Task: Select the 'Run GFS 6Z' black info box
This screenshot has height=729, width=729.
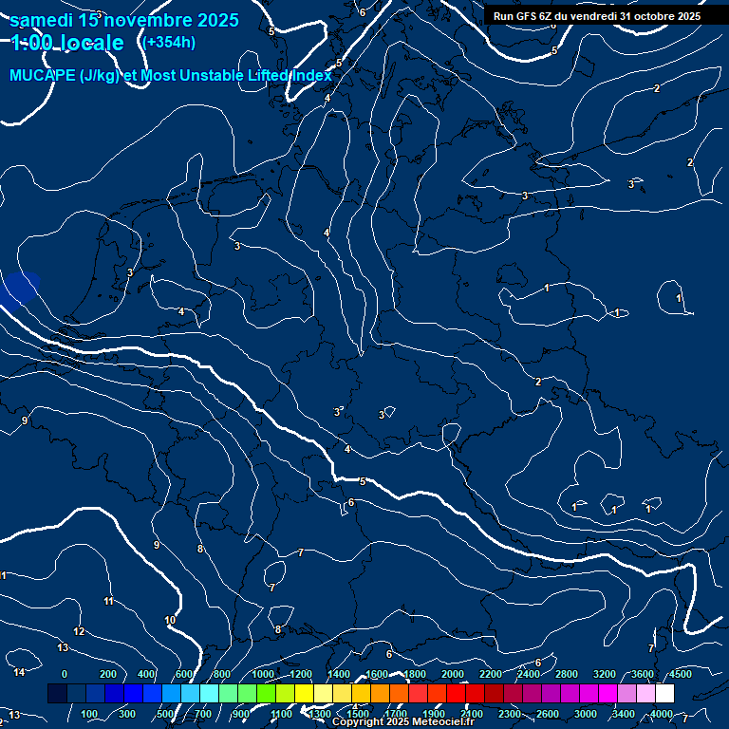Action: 596,15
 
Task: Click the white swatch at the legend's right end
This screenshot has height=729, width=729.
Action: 664,694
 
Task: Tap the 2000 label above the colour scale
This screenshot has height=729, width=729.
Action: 453,674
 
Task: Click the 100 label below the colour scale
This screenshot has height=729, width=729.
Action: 90,714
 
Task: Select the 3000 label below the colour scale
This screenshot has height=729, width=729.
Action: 586,714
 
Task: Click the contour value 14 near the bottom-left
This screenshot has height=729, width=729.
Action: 19,672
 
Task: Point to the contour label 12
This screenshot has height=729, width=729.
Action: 79,631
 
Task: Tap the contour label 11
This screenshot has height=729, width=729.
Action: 108,601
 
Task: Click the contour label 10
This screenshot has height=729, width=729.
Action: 170,620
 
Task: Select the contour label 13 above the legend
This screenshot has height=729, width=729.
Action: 63,647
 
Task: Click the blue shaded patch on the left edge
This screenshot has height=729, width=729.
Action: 19,289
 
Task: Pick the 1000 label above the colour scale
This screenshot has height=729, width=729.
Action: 263,674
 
